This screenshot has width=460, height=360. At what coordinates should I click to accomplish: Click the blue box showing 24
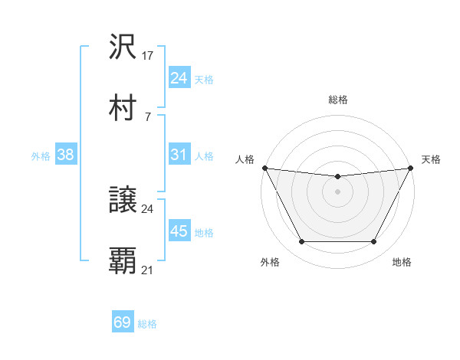pyautogui.click(x=179, y=77)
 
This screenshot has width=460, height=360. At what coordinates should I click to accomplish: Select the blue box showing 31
pyautogui.click(x=179, y=155)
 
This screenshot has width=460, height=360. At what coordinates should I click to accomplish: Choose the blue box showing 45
pyautogui.click(x=179, y=231)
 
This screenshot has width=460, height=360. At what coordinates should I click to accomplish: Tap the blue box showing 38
pyautogui.click(x=65, y=155)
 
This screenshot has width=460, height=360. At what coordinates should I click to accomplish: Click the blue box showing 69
pyautogui.click(x=123, y=322)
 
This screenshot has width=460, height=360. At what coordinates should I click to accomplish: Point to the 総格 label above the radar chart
pyautogui.click(x=338, y=100)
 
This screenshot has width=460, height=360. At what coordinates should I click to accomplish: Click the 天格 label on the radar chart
pyautogui.click(x=432, y=159)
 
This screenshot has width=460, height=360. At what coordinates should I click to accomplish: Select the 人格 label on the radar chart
pyautogui.click(x=245, y=159)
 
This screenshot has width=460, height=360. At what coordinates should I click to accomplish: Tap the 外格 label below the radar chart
pyautogui.click(x=270, y=262)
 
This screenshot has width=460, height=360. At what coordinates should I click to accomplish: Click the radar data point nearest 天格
pyautogui.click(x=412, y=168)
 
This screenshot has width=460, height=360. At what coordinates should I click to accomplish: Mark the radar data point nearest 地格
pyautogui.click(x=374, y=242)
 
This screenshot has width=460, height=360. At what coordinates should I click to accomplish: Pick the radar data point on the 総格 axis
pyautogui.click(x=338, y=177)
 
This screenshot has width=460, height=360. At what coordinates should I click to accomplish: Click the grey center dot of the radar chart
pyautogui.click(x=338, y=191)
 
